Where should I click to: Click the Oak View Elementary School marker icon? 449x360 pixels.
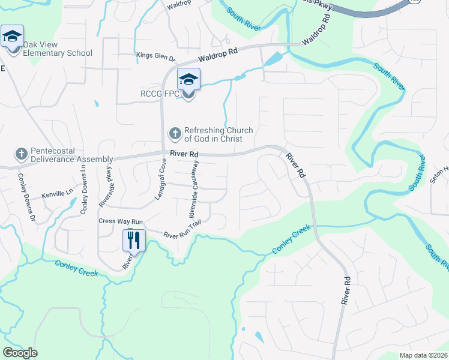[12, 37]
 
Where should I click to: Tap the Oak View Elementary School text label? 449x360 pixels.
[57, 49]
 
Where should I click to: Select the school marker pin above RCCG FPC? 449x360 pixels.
[188, 80]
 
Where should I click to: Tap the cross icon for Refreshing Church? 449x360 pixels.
[175, 132]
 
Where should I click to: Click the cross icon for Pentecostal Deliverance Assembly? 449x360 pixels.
[21, 154]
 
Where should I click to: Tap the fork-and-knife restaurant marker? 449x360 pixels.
[134, 241]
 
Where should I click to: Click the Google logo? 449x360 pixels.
[20, 353]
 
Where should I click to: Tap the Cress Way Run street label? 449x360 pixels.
[121, 221]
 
